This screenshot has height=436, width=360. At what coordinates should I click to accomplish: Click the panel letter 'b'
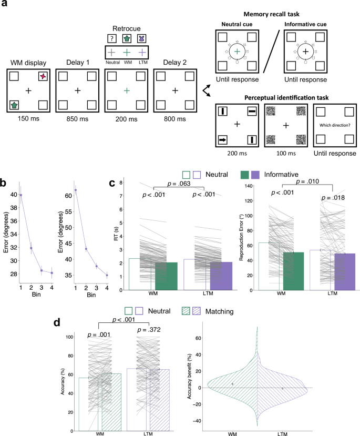(4, 183)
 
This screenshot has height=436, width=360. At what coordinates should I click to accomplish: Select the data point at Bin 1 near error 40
(21, 195)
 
